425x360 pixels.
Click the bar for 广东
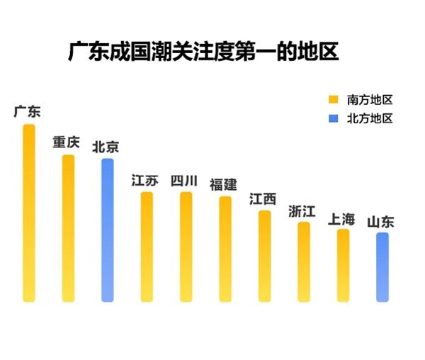click(x=29, y=213)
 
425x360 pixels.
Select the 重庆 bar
click(x=68, y=227)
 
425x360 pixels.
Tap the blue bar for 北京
click(x=107, y=230)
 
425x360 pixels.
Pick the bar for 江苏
click(x=146, y=246)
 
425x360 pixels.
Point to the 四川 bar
click(x=186, y=246)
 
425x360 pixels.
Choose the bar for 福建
click(x=225, y=249)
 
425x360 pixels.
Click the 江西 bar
click(x=264, y=256)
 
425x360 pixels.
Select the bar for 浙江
click(x=303, y=261)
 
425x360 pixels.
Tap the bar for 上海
click(x=343, y=265)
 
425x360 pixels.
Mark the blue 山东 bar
click(x=382, y=266)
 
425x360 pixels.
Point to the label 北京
click(x=106, y=147)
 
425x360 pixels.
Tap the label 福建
click(x=223, y=185)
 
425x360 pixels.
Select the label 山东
click(x=380, y=222)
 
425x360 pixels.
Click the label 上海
click(x=341, y=218)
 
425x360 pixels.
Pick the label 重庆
click(x=67, y=142)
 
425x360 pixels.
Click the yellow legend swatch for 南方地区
click(x=333, y=99)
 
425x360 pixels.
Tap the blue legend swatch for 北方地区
click(x=333, y=118)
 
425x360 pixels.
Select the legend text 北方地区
click(x=369, y=118)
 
